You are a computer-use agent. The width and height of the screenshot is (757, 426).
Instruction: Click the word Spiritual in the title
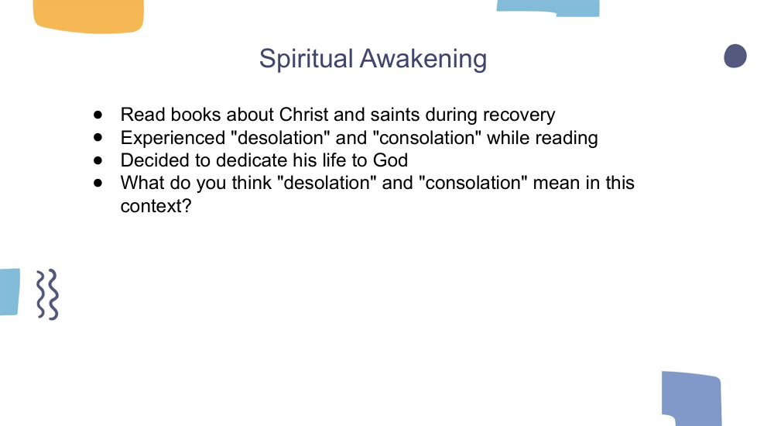[x=306, y=60]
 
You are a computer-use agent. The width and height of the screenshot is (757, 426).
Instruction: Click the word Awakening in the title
[x=423, y=58]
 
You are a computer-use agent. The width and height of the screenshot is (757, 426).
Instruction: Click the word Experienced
[x=173, y=138]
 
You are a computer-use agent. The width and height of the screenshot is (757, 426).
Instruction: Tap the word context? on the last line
[x=156, y=206]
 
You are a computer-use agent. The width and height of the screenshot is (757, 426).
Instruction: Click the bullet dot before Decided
[x=98, y=160]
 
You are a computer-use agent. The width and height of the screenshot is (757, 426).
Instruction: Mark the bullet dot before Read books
[x=98, y=115]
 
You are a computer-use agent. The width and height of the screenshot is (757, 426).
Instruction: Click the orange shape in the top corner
[x=88, y=16]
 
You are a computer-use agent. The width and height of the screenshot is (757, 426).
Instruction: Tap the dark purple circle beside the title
[x=735, y=56]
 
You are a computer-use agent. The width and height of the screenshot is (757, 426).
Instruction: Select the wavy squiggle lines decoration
[x=48, y=294]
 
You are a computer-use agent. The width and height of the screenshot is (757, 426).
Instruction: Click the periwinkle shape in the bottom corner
[x=692, y=399]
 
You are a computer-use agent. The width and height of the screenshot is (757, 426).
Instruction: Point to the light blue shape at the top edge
[x=549, y=8]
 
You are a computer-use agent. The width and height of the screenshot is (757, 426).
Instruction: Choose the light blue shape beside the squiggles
[x=9, y=292]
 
